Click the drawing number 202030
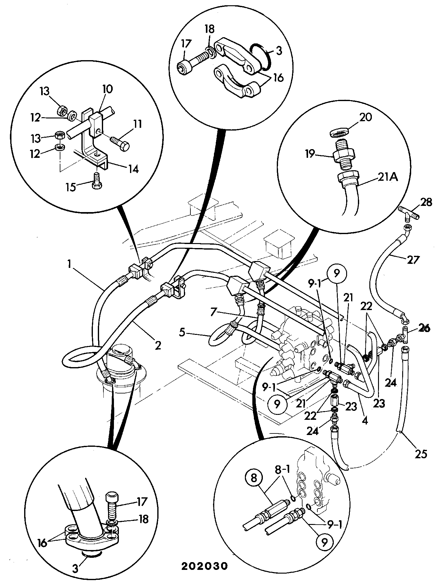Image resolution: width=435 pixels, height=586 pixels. (204, 566)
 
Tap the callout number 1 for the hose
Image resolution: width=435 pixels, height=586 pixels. (70, 264)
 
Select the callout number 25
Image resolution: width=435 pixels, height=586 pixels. (420, 454)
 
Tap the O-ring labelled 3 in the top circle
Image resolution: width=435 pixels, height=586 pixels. (261, 55)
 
